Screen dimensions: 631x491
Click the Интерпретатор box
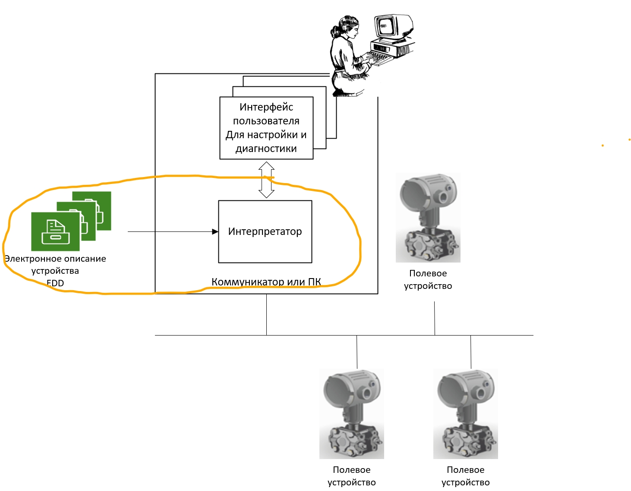click(265, 231)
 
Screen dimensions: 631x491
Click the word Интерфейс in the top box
click(266, 107)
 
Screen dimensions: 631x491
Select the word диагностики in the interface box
click(266, 149)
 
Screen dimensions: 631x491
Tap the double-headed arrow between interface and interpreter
click(266, 180)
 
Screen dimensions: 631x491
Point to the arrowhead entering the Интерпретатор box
click(215, 231)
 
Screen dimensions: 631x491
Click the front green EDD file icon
click(55, 231)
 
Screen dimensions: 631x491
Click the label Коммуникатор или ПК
click(266, 282)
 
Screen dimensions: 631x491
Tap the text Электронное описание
click(55, 258)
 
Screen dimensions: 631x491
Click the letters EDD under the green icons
click(55, 283)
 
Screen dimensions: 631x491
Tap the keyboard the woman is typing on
click(378, 58)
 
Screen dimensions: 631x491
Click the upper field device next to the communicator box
click(428, 218)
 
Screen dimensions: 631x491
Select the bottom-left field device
click(351, 414)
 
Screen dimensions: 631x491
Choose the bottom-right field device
click(466, 414)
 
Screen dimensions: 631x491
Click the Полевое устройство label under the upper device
click(428, 279)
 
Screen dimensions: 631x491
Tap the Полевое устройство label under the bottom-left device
click(351, 476)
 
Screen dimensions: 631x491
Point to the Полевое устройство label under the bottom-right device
click(466, 476)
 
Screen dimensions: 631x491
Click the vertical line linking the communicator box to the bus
click(267, 315)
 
